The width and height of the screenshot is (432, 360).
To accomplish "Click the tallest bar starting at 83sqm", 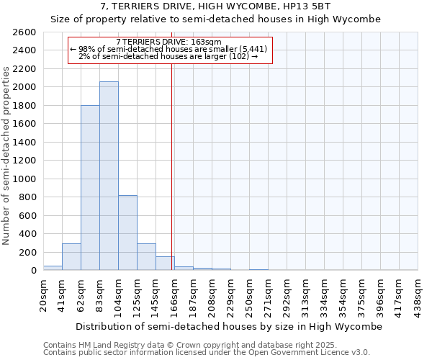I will click(109, 176).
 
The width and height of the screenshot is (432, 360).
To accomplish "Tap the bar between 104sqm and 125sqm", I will click(127, 233).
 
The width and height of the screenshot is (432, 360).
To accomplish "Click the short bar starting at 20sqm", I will click(53, 268).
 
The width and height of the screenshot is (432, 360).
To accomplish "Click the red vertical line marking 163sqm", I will click(172, 158).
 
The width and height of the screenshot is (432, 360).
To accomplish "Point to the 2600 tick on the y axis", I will click(25, 32).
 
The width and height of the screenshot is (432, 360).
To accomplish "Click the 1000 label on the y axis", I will click(25, 179).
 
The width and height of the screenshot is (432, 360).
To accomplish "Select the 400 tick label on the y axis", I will click(28, 233).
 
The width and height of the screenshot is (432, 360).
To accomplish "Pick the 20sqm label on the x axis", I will click(43, 292).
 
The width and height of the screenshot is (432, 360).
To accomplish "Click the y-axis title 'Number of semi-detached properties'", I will click(7, 155).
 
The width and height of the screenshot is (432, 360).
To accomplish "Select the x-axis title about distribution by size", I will click(229, 326).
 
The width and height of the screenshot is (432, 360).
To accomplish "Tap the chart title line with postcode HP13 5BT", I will click(216, 6).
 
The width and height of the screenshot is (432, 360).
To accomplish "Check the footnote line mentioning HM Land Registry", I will click(205, 345).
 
